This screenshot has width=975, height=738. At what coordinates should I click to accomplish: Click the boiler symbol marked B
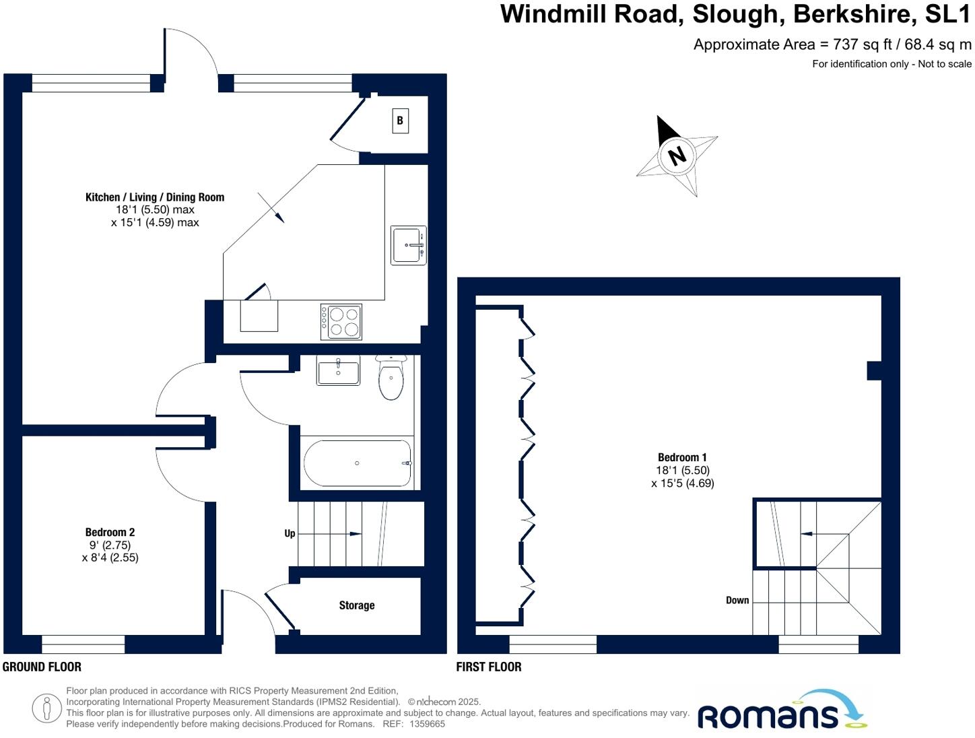click(x=400, y=121)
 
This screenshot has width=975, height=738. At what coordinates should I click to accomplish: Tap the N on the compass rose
click(x=677, y=155)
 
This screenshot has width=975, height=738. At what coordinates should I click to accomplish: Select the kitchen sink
click(x=408, y=245)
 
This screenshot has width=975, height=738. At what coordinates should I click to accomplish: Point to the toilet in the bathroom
click(x=391, y=378)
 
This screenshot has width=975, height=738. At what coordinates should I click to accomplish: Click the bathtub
click(x=357, y=463)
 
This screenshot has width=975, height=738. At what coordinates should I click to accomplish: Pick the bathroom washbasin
click(x=338, y=370)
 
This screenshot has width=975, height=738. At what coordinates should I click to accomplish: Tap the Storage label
click(x=356, y=605)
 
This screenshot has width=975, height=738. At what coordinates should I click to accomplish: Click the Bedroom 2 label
click(x=110, y=532)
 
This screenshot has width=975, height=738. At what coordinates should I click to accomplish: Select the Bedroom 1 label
click(x=682, y=458)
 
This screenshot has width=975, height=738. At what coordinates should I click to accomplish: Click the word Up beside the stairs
click(x=290, y=533)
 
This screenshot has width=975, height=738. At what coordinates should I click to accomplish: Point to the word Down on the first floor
click(x=737, y=600)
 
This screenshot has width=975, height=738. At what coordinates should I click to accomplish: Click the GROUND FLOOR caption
click(x=42, y=667)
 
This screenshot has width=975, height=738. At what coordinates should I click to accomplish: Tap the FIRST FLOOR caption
click(x=489, y=667)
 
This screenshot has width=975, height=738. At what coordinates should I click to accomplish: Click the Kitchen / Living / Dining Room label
click(x=155, y=197)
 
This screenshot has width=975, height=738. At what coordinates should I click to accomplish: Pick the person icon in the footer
click(x=46, y=708)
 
